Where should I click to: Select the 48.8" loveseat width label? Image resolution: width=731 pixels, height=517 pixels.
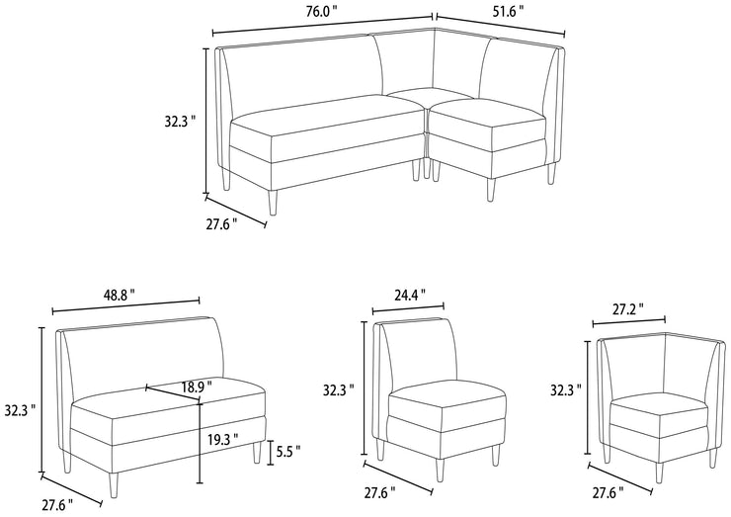[119, 295]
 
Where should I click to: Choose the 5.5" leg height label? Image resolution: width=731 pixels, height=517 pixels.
[287, 452]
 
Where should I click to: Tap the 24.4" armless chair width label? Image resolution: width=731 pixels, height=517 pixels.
[409, 294]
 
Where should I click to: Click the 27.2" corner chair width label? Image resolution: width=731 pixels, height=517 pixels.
[627, 308]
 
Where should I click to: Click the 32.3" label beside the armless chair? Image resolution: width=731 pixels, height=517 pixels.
[339, 389]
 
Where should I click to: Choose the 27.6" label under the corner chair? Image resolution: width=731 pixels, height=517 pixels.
[607, 490]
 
